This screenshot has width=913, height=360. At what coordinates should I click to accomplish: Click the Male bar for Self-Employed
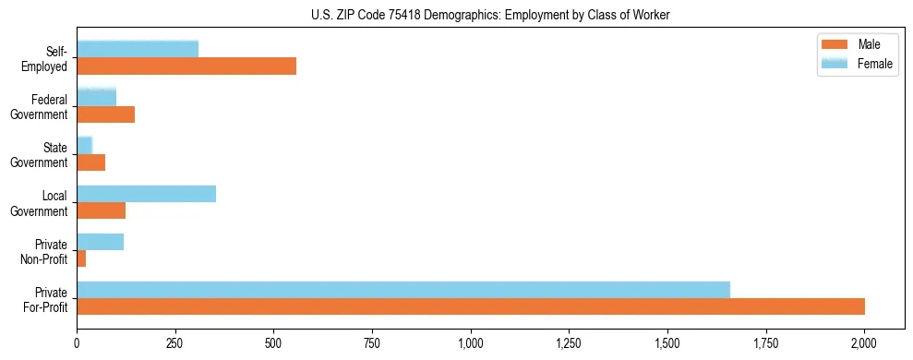point(186,66)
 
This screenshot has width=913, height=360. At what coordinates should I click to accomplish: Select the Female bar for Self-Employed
point(138,49)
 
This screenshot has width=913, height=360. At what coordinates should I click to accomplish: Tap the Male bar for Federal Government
point(106,114)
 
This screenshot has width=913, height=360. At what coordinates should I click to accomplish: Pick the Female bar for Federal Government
point(97,97)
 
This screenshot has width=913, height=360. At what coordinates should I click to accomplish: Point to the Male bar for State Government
point(91,162)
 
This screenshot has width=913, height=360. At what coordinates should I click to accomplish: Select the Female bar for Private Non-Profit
point(101,242)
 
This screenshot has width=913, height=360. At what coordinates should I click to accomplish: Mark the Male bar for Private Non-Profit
point(81,258)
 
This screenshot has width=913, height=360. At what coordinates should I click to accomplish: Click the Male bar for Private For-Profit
point(471,306)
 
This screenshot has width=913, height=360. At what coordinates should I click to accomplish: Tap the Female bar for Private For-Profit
point(403,290)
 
